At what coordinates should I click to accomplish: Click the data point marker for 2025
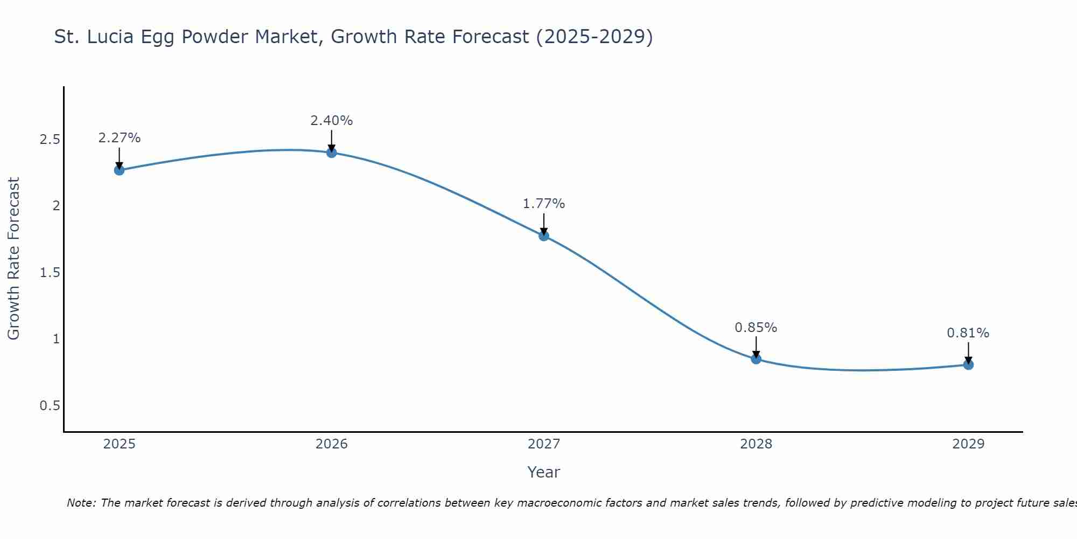click(x=119, y=170)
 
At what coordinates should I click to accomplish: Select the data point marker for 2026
click(x=331, y=153)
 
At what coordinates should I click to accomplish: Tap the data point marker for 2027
click(x=543, y=236)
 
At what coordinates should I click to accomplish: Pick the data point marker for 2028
click(x=756, y=359)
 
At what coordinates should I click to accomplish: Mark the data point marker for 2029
click(x=968, y=365)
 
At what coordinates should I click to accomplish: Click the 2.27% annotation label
click(x=119, y=138)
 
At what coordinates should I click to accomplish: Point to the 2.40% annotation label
click(x=331, y=121)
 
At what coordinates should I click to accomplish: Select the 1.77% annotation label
click(x=543, y=204)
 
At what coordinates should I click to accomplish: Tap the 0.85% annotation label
click(x=756, y=328)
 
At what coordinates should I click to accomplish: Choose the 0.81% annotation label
click(x=968, y=333)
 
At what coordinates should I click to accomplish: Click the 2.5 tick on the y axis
click(x=50, y=140)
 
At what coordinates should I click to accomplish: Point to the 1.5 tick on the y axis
click(x=50, y=273)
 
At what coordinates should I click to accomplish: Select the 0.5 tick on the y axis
click(x=50, y=406)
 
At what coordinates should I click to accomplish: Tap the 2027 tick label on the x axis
click(x=543, y=444)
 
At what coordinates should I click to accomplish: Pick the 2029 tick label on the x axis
click(x=968, y=444)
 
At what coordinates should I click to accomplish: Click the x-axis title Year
click(x=543, y=472)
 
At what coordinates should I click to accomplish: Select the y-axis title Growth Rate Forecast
click(x=13, y=259)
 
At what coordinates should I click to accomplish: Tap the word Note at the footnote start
click(x=80, y=503)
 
